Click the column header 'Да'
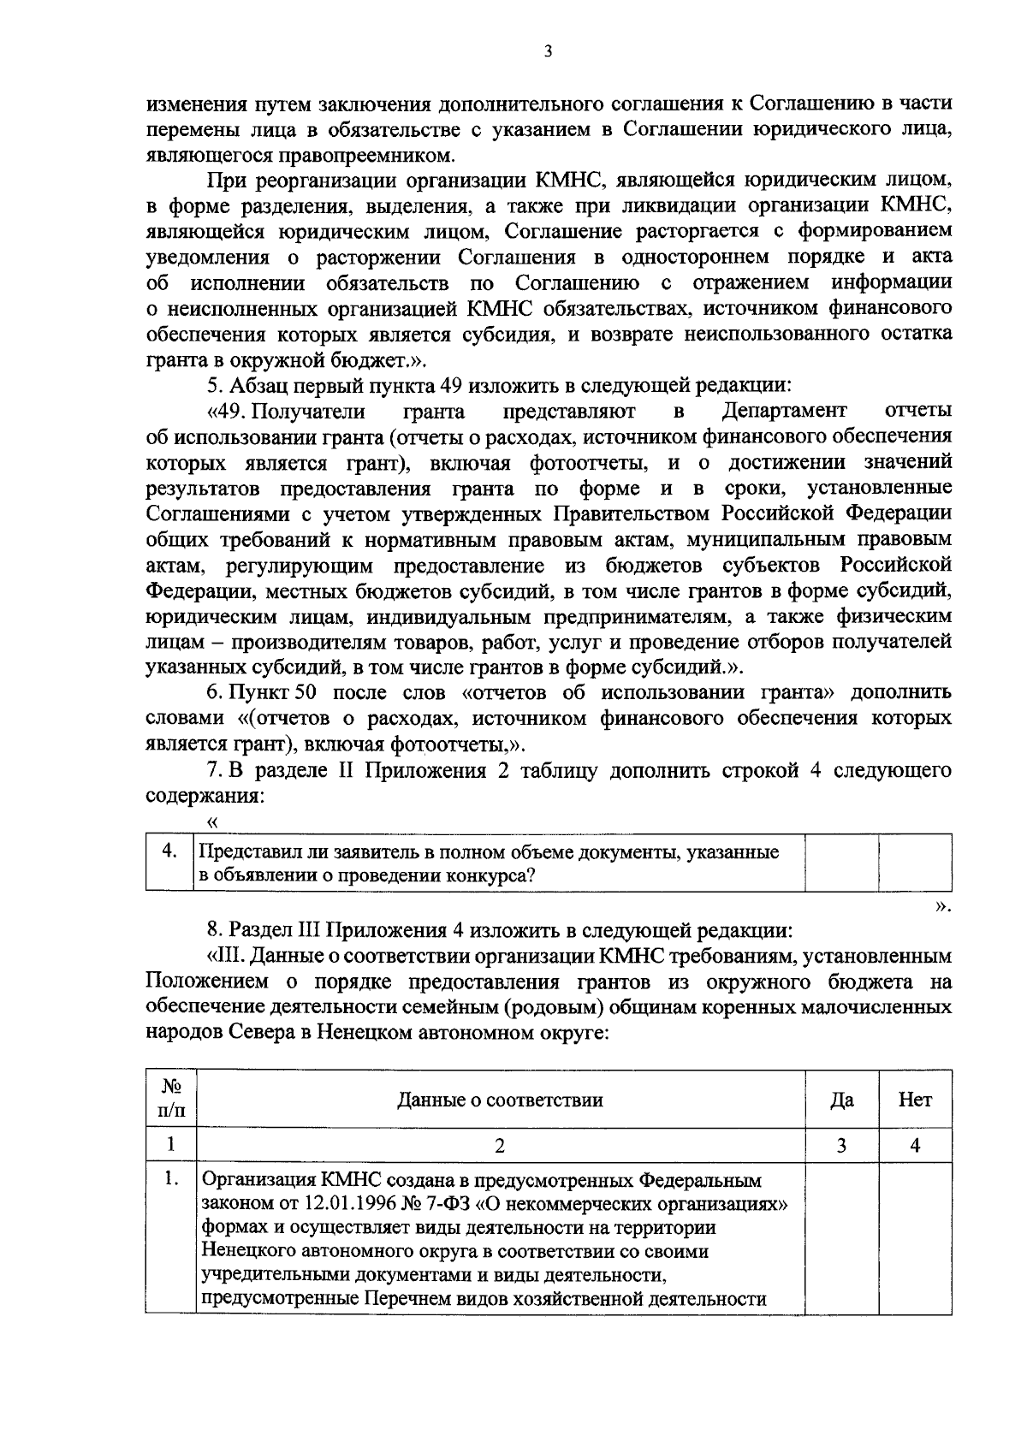pos(841,1100)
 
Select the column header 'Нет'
pos(915,1100)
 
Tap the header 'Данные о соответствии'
pos(500,1100)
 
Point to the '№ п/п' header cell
pos(172,1099)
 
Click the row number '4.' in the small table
pos(170,851)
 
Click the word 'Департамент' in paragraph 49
pos(784,412)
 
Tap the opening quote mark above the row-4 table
pos(213,822)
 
